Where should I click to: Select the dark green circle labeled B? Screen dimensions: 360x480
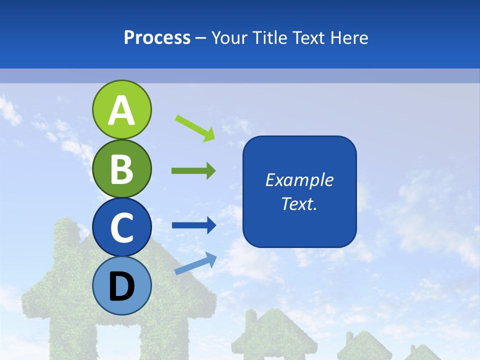coord(121,169)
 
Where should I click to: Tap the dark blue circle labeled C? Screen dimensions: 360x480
coord(121,227)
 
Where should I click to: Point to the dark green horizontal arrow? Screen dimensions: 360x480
coord(193,171)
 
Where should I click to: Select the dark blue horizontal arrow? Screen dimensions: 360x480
coord(193,225)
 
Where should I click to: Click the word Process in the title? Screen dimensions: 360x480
coord(157,38)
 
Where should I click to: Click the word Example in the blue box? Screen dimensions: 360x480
coord(299,180)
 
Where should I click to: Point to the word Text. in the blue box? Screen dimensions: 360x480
coord(299,203)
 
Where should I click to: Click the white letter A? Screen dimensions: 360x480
coord(121,111)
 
